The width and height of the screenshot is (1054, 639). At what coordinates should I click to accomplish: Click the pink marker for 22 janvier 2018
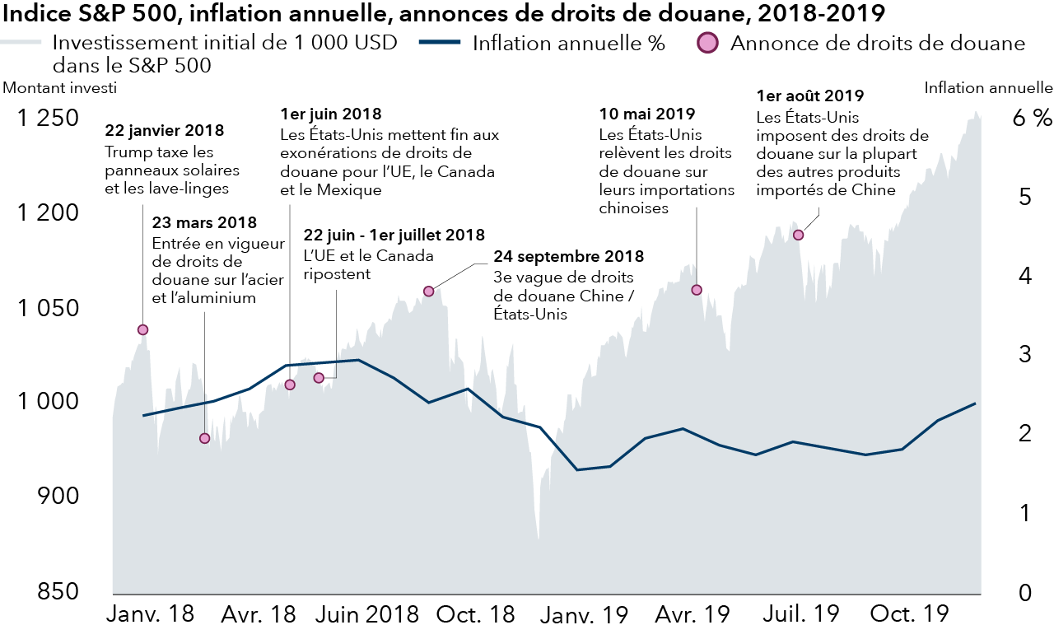pyautogui.click(x=142, y=329)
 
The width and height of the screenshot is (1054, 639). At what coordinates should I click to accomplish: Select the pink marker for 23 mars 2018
pyautogui.click(x=205, y=438)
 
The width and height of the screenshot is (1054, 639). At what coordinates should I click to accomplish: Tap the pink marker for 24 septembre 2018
pyautogui.click(x=428, y=291)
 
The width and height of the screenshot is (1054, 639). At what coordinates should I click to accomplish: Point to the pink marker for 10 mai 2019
pyautogui.click(x=697, y=290)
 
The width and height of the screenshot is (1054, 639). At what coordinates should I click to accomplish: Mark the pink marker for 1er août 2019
pyautogui.click(x=797, y=235)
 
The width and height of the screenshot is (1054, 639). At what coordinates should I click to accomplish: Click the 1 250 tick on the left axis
pyautogui.click(x=50, y=118)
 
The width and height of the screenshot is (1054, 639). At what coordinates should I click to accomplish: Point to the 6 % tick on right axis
pyautogui.click(x=1033, y=118)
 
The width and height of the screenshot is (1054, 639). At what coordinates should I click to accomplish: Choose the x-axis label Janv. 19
pyautogui.click(x=588, y=614)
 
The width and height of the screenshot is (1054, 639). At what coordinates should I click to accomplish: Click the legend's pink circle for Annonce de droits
pyautogui.click(x=709, y=43)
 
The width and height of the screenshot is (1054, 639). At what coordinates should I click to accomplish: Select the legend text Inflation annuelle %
pyautogui.click(x=568, y=44)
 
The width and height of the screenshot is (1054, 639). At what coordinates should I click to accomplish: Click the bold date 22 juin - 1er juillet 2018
pyautogui.click(x=394, y=236)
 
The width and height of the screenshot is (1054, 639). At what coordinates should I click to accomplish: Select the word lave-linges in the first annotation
pyautogui.click(x=202, y=189)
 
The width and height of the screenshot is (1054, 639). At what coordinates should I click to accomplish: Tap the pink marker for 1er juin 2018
pyautogui.click(x=289, y=385)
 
